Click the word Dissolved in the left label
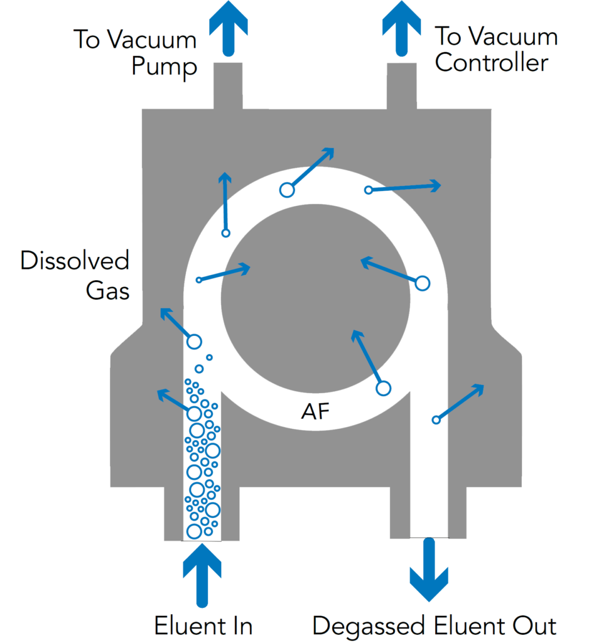click(75, 261)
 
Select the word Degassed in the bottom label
click(370, 626)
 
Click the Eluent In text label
click(203, 626)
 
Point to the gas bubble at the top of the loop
click(286, 189)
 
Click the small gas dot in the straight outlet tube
click(435, 420)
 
